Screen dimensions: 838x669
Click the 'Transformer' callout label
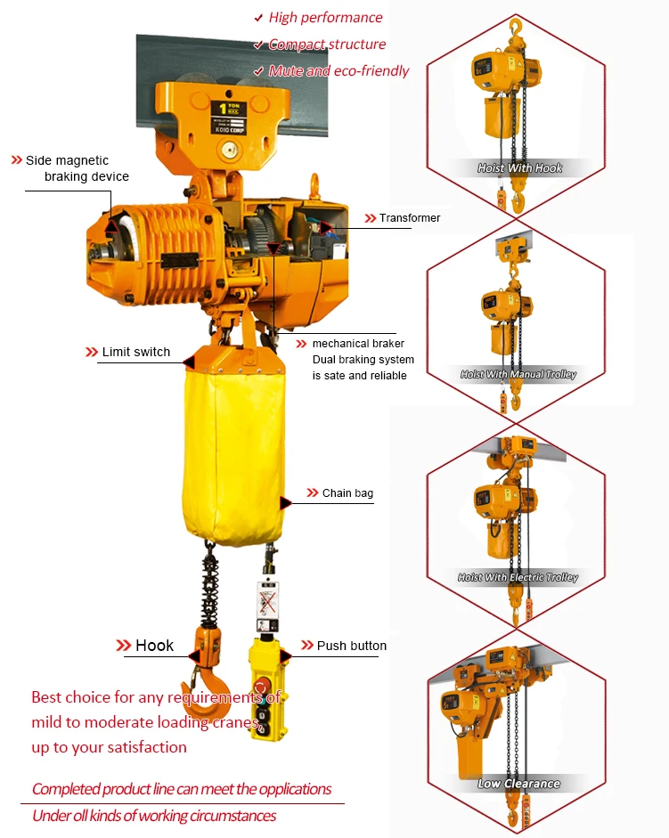(409, 218)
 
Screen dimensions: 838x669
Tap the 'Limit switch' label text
(135, 352)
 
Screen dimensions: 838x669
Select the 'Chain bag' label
(347, 493)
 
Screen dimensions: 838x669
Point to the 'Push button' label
(352, 646)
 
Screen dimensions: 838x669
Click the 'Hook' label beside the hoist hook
(154, 646)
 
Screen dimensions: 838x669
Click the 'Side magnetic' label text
(67, 160)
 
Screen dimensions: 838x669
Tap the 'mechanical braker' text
(358, 344)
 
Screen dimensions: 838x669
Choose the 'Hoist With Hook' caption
(520, 168)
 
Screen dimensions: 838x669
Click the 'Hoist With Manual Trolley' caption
(518, 375)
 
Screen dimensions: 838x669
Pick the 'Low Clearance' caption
(518, 784)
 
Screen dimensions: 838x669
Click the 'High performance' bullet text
(325, 18)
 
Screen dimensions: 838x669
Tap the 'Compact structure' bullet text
(327, 45)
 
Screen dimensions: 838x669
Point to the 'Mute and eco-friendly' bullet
(339, 71)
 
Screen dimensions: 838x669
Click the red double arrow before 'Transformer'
(371, 218)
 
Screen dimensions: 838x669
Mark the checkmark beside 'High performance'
(258, 18)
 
